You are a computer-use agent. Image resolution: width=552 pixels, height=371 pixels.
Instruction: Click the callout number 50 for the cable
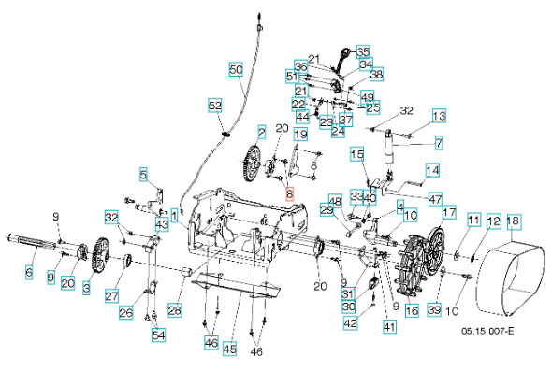click(x=236, y=69)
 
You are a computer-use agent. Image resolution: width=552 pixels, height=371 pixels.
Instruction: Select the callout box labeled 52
click(x=215, y=106)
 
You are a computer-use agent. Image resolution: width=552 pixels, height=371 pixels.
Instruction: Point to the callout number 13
click(x=439, y=115)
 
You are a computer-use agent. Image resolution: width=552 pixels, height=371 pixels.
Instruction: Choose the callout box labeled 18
click(x=513, y=221)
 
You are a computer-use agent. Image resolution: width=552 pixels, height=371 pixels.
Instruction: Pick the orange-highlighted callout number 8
click(x=290, y=195)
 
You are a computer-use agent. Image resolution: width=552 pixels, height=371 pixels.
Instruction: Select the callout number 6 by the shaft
click(x=28, y=273)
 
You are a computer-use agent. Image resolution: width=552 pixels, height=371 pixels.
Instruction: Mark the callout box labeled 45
click(x=229, y=348)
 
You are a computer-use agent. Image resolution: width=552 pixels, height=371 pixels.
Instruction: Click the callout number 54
click(x=157, y=335)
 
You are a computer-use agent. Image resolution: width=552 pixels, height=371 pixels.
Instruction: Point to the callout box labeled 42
click(x=351, y=323)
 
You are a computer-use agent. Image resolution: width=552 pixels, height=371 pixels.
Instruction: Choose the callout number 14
click(x=431, y=171)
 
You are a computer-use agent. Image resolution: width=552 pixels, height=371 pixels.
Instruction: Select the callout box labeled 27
click(x=111, y=296)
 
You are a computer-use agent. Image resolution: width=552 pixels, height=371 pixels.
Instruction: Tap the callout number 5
click(x=144, y=174)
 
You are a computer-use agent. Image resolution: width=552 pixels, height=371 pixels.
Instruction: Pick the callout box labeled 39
click(x=433, y=309)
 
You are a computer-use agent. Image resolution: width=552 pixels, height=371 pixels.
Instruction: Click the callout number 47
click(x=436, y=199)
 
